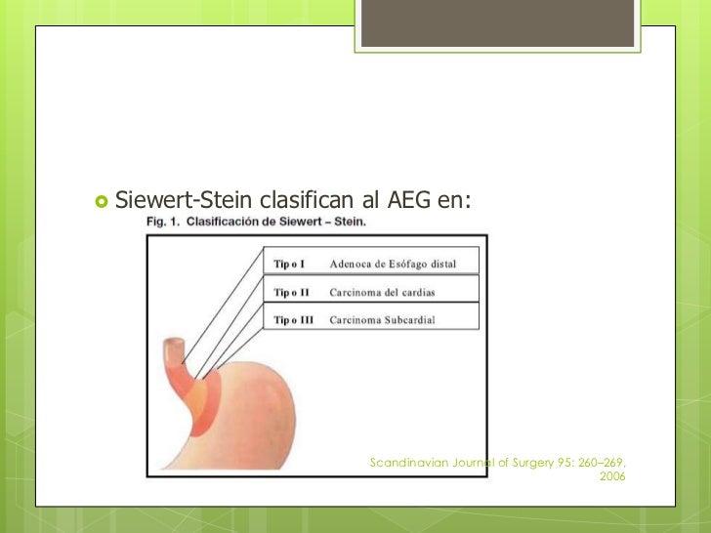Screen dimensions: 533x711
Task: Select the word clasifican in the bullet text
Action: [307, 201]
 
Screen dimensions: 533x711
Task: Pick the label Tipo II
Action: [291, 292]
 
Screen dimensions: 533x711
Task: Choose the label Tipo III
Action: [293, 320]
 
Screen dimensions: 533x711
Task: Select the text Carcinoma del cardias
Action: [382, 292]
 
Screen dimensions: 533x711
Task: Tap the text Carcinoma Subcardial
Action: [382, 320]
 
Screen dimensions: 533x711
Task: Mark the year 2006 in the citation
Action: [611, 476]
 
